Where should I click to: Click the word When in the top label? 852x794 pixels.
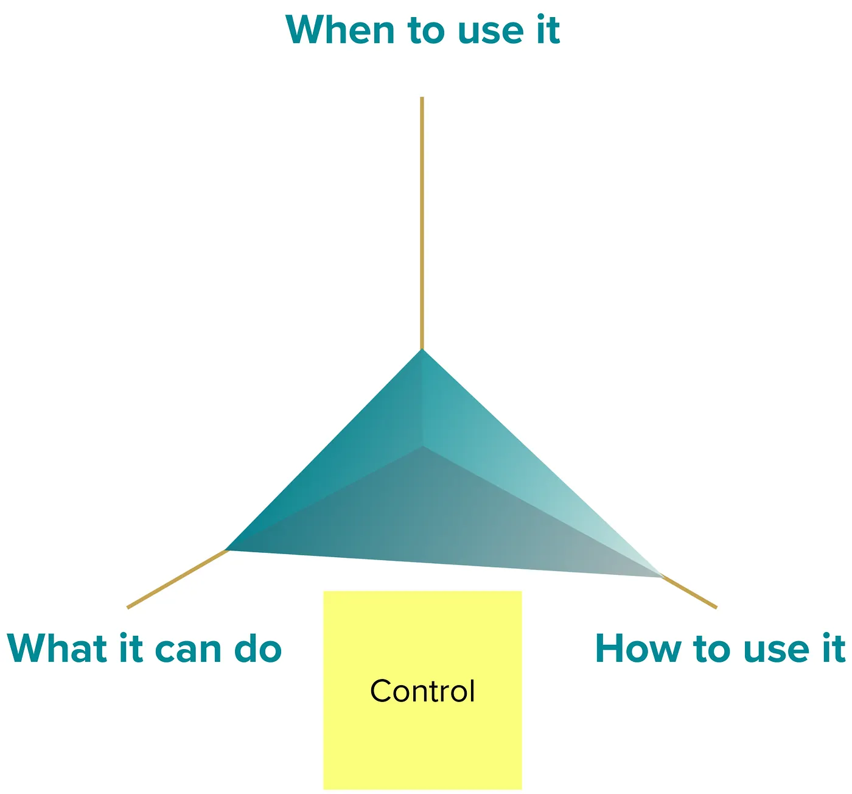coord(340,30)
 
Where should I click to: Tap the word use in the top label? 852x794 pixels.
coord(491,32)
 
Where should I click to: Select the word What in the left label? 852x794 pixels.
coord(57,648)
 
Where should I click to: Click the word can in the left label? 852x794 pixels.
coord(188,651)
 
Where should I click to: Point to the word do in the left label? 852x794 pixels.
coord(258,648)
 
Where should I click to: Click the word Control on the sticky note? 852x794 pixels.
coord(422,691)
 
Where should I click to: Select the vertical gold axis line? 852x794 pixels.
coord(422,223)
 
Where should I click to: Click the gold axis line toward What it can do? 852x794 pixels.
coord(177,579)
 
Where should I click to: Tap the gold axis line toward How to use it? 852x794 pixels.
coord(688,591)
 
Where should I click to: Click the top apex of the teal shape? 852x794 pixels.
coord(422,350)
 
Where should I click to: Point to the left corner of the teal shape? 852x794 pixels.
coord(226,550)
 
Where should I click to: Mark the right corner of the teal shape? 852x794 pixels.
coord(663,577)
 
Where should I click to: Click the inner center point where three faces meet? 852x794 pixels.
coord(422,446)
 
